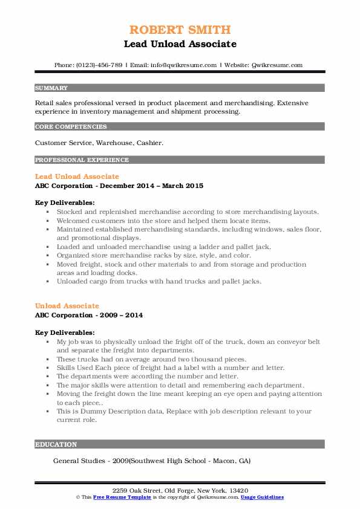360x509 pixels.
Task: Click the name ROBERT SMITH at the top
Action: pyautogui.click(x=180, y=30)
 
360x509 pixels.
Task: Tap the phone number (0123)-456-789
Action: pyautogui.click(x=97, y=65)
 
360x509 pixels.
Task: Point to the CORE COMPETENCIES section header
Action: pyautogui.click(x=71, y=127)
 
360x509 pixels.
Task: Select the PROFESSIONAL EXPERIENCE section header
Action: pyautogui.click(x=82, y=160)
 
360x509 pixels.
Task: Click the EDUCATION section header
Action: pyautogui.click(x=56, y=444)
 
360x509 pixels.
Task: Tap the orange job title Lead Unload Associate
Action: pyautogui.click(x=77, y=177)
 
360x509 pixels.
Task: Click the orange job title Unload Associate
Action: pyautogui.click(x=67, y=306)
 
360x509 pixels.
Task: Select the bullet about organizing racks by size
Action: pyautogui.click(x=145, y=256)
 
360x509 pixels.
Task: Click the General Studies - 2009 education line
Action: pyautogui.click(x=151, y=461)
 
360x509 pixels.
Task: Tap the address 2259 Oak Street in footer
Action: pyautogui.click(x=180, y=490)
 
